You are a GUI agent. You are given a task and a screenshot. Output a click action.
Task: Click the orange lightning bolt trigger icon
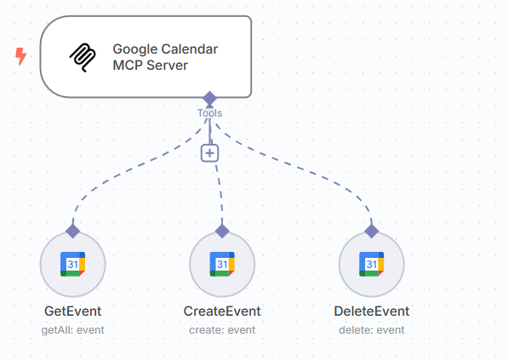click(x=20, y=56)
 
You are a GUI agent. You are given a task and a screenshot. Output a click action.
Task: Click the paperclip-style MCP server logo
click(x=83, y=57)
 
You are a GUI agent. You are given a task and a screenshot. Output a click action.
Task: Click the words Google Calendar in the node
click(x=165, y=49)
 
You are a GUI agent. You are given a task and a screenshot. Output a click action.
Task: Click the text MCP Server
click(x=150, y=66)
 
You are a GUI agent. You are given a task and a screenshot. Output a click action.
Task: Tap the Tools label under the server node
click(x=209, y=112)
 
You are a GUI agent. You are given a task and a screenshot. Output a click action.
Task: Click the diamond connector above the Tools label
click(x=210, y=98)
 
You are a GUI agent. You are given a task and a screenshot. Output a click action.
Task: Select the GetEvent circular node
click(x=72, y=265)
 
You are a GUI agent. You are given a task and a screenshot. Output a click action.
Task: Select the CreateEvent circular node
click(x=222, y=265)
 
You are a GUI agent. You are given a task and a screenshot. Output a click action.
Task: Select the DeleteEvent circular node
click(x=371, y=265)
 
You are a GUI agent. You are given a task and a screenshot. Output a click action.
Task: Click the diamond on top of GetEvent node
click(x=72, y=231)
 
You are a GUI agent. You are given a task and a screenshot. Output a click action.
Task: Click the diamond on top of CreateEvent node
click(x=222, y=231)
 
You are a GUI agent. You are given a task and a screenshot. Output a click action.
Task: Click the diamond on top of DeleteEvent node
click(x=371, y=231)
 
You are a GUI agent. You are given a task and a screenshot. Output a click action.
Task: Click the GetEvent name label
click(x=72, y=311)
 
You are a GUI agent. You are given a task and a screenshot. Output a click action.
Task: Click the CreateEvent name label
click(x=222, y=311)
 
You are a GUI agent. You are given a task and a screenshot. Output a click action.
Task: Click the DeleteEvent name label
click(x=371, y=311)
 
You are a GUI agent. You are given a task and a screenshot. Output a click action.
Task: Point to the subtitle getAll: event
click(x=72, y=329)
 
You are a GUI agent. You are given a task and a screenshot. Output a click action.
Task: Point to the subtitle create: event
click(x=222, y=329)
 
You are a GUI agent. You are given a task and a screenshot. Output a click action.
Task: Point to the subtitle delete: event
click(x=371, y=329)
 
